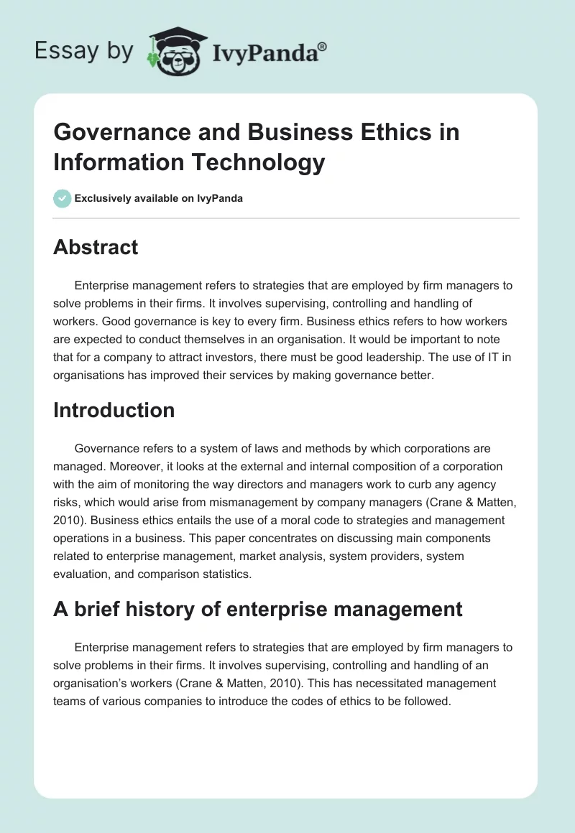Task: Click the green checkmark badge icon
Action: click(x=62, y=198)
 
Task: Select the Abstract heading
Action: click(x=96, y=247)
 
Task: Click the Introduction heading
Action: click(x=114, y=410)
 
